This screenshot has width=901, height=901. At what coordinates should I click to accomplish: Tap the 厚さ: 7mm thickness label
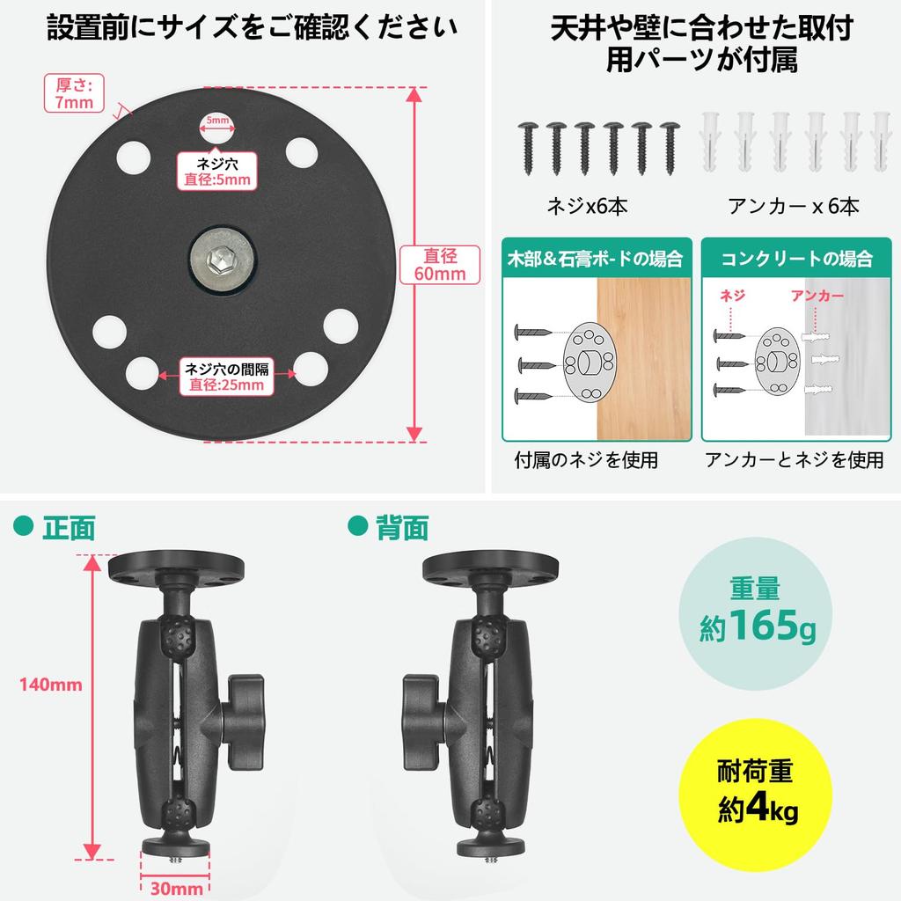click(74, 93)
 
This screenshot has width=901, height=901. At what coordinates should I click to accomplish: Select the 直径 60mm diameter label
click(440, 264)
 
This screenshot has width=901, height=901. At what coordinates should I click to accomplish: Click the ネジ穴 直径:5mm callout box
click(217, 172)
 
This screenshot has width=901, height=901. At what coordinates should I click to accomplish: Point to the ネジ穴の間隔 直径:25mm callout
click(226, 377)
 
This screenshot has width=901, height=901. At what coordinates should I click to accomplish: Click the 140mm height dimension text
click(50, 685)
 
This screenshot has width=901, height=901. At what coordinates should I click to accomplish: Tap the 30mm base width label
click(176, 888)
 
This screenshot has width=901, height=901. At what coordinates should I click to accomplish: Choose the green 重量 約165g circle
click(756, 612)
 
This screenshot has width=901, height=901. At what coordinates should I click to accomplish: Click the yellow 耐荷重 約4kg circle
click(756, 795)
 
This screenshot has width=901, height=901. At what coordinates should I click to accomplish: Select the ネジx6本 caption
click(587, 206)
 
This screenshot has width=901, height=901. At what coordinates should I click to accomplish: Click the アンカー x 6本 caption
click(793, 206)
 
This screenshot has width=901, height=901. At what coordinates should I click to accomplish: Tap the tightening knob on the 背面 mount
click(425, 722)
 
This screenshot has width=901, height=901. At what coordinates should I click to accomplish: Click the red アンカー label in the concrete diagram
click(817, 296)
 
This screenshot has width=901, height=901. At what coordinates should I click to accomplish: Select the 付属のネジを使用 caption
click(586, 459)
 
